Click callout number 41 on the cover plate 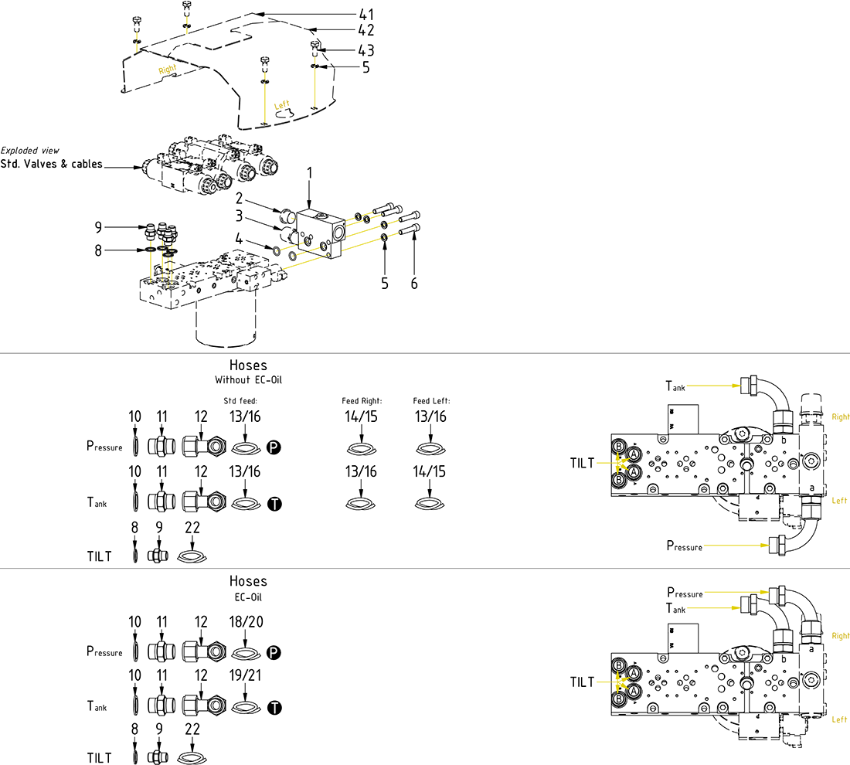coord(366,14)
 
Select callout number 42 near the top coord(366,31)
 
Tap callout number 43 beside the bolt coord(366,50)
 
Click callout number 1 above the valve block coord(310,174)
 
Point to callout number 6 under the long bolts coord(414,284)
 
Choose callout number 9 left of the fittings coord(98,227)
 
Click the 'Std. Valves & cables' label coord(52,164)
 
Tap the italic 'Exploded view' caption coord(30,150)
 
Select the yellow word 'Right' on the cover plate coord(167,70)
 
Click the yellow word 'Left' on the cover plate coord(283,105)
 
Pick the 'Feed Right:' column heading coord(362,401)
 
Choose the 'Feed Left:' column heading coord(431,401)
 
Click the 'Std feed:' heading coord(240,401)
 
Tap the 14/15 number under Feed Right coord(362,416)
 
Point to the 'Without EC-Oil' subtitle coord(248,380)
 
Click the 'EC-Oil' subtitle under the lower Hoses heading coord(248,597)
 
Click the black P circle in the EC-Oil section coord(274,654)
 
